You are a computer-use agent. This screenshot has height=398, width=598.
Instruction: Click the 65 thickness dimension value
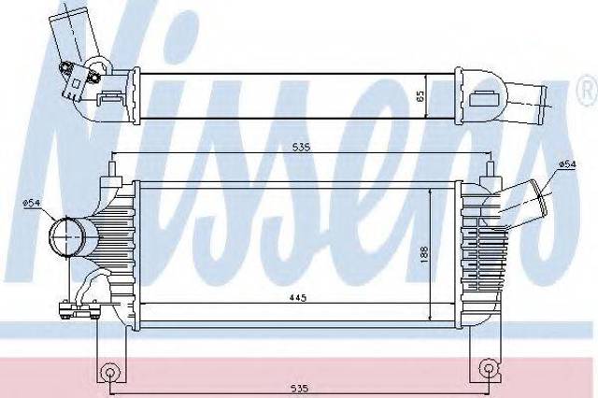420,95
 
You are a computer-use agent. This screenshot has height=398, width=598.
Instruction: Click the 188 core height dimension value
424,254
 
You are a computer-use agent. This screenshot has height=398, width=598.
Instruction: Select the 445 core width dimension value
298,297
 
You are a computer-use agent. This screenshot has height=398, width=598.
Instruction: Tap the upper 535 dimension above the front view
302,147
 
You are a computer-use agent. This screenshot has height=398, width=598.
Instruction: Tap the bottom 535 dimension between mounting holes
299,388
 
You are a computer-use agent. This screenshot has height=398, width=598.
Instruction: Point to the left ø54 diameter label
31,203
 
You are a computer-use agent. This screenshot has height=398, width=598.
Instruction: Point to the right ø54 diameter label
567,164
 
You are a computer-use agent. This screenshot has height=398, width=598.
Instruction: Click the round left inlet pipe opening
66,236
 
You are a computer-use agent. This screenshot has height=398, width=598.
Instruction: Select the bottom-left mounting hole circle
109,372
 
